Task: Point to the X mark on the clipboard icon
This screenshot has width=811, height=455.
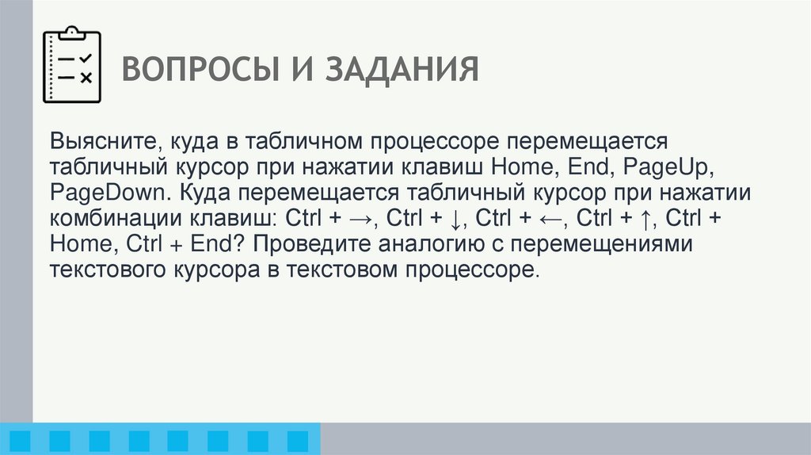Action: [86, 77]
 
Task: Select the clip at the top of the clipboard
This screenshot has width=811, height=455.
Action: [72, 32]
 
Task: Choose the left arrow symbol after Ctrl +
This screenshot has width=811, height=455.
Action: [551, 219]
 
